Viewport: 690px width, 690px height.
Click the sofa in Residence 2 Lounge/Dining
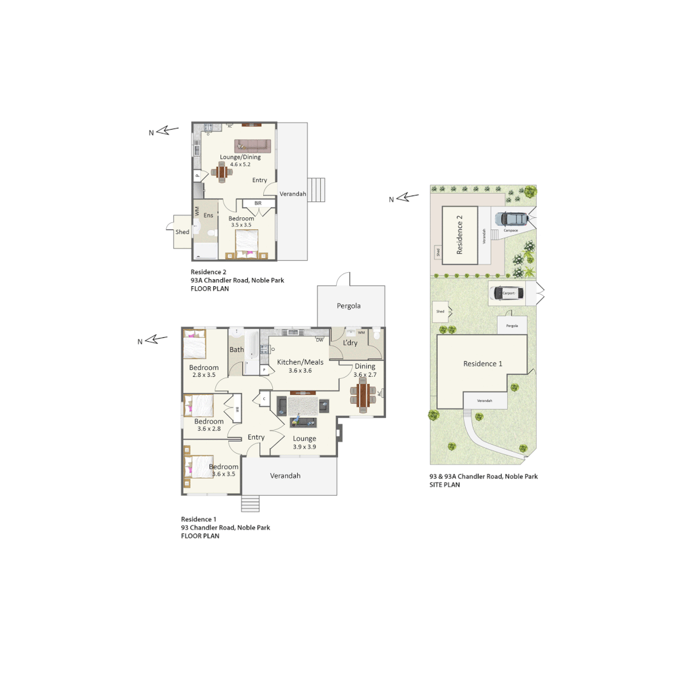[252, 146]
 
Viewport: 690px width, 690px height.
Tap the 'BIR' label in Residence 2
[258, 203]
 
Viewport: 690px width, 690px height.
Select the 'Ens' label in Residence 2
[208, 215]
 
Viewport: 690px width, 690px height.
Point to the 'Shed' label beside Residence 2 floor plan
[182, 232]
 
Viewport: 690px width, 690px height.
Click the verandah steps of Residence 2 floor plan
[317, 190]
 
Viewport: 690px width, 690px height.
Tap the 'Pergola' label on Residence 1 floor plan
[349, 306]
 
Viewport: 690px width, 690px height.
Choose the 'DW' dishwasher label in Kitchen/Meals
[319, 340]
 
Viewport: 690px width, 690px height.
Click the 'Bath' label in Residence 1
[236, 349]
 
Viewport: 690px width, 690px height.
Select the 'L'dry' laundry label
[350, 343]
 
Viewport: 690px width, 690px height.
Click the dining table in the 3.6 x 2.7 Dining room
[364, 395]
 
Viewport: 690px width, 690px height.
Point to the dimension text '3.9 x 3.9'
[305, 447]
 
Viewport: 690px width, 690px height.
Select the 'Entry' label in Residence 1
[256, 437]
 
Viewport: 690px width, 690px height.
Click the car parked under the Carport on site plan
[507, 293]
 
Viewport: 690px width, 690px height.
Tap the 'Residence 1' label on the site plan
[482, 364]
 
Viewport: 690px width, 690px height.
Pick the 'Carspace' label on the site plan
[510, 230]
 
